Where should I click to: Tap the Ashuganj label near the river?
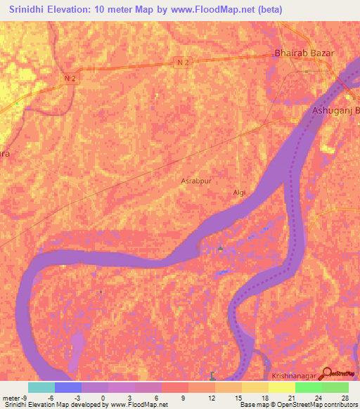(335, 111)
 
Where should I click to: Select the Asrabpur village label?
(195, 181)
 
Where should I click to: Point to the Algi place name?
(239, 191)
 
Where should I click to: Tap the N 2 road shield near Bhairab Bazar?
(181, 62)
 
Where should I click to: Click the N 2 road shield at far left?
(69, 78)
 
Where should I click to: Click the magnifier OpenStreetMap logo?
(326, 374)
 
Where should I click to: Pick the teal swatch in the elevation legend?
(41, 387)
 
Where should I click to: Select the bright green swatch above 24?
(309, 387)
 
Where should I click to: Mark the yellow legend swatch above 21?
(282, 387)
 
